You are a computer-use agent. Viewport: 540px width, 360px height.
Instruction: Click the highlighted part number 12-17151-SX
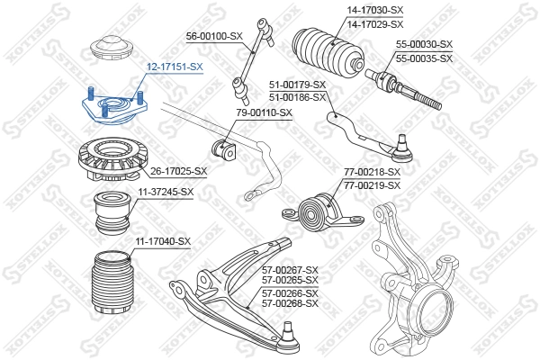pyautogui.click(x=175, y=67)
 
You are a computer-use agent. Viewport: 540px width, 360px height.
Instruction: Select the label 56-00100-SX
pyautogui.click(x=214, y=35)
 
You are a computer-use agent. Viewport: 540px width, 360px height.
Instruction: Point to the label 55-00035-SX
pyautogui.click(x=423, y=58)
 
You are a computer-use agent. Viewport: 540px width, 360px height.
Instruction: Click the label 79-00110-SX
pyautogui.click(x=265, y=112)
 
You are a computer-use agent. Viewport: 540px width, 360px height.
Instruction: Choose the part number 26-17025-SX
pyautogui.click(x=178, y=171)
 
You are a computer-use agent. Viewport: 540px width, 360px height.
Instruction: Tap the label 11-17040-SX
pyautogui.click(x=163, y=241)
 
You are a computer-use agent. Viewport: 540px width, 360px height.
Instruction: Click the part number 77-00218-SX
pyautogui.click(x=372, y=172)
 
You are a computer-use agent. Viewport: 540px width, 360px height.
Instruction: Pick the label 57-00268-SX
pyautogui.click(x=290, y=304)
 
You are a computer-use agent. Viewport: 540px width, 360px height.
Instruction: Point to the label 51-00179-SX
pyautogui.click(x=297, y=85)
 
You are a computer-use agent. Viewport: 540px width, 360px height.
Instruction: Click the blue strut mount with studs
pyautogui.click(x=111, y=109)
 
